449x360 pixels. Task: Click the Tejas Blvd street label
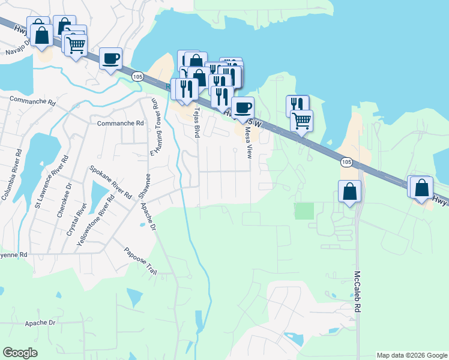point(196,122)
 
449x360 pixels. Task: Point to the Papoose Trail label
point(140,261)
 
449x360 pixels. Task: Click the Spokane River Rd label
point(110,182)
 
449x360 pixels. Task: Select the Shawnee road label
point(143,185)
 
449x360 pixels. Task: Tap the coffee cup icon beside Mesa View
point(243,108)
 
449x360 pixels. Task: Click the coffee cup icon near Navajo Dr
point(110,59)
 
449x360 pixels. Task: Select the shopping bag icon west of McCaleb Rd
point(350,192)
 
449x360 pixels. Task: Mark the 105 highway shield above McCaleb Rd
point(346,162)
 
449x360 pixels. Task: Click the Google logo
point(20,353)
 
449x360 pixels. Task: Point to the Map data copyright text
point(411,355)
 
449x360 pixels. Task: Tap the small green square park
point(304,211)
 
